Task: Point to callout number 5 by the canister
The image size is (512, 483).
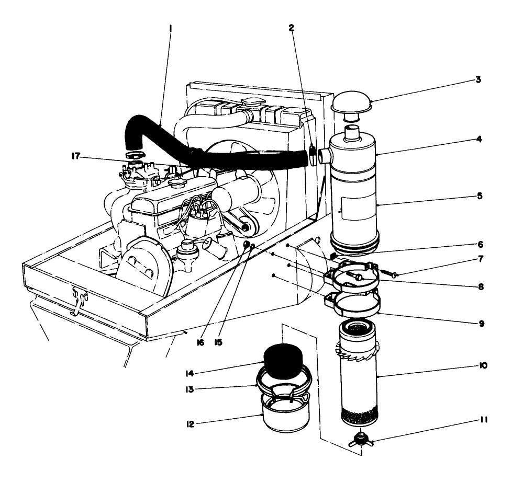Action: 480,197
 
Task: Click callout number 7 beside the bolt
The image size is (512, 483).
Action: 480,259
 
